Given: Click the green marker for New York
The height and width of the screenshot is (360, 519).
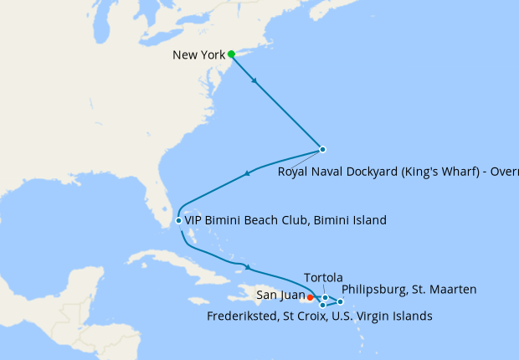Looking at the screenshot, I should coord(231,54).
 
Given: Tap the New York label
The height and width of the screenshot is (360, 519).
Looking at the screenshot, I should coord(198,55).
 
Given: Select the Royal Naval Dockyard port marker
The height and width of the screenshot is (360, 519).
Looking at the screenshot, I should coord(322,150).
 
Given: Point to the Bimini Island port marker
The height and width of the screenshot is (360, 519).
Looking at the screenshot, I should coord(178,221).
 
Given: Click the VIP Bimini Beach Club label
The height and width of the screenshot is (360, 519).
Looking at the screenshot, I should coord(285,221).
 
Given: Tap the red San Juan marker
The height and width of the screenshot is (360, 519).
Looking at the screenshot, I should coord(310,296).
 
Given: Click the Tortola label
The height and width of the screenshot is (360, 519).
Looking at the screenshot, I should coord(324,277).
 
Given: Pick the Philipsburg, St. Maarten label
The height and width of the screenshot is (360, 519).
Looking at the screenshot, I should coord(409,290).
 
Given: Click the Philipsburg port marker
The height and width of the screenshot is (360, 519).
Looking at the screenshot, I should coord(341,301).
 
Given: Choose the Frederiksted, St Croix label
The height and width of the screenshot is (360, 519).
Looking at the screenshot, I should coord(319,316).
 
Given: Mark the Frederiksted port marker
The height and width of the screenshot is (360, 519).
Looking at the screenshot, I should coord(322,305).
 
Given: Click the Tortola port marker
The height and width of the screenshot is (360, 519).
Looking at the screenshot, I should coord(325,297).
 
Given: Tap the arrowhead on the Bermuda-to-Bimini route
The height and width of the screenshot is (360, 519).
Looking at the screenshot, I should coord(247,173).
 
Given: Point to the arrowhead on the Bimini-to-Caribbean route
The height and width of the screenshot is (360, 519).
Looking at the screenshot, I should coord(247,268).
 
